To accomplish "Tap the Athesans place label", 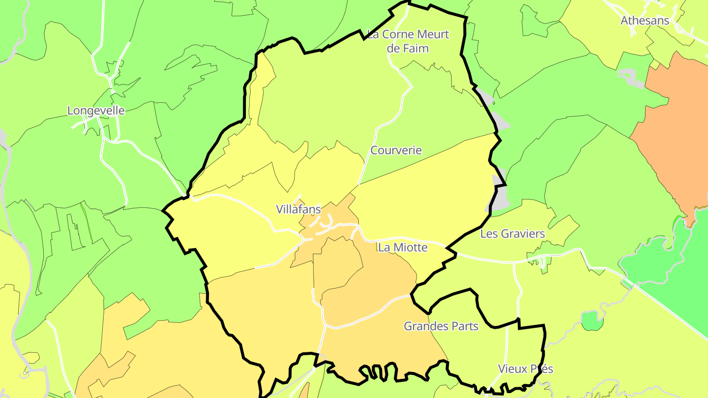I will pyautogui.click(x=645, y=21).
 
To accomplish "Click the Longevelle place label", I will pyautogui.click(x=96, y=111).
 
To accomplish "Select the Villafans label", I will pyautogui.click(x=298, y=209).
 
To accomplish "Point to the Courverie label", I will pyautogui.click(x=396, y=150).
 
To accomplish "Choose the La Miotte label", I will pyautogui.click(x=403, y=248).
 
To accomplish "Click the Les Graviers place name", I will pyautogui.click(x=512, y=234).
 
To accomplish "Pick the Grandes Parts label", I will pyautogui.click(x=441, y=326).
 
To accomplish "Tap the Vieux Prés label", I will pyautogui.click(x=525, y=369).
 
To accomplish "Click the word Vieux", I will pyautogui.click(x=512, y=369).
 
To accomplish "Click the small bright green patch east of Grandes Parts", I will pyautogui.click(x=592, y=321).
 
